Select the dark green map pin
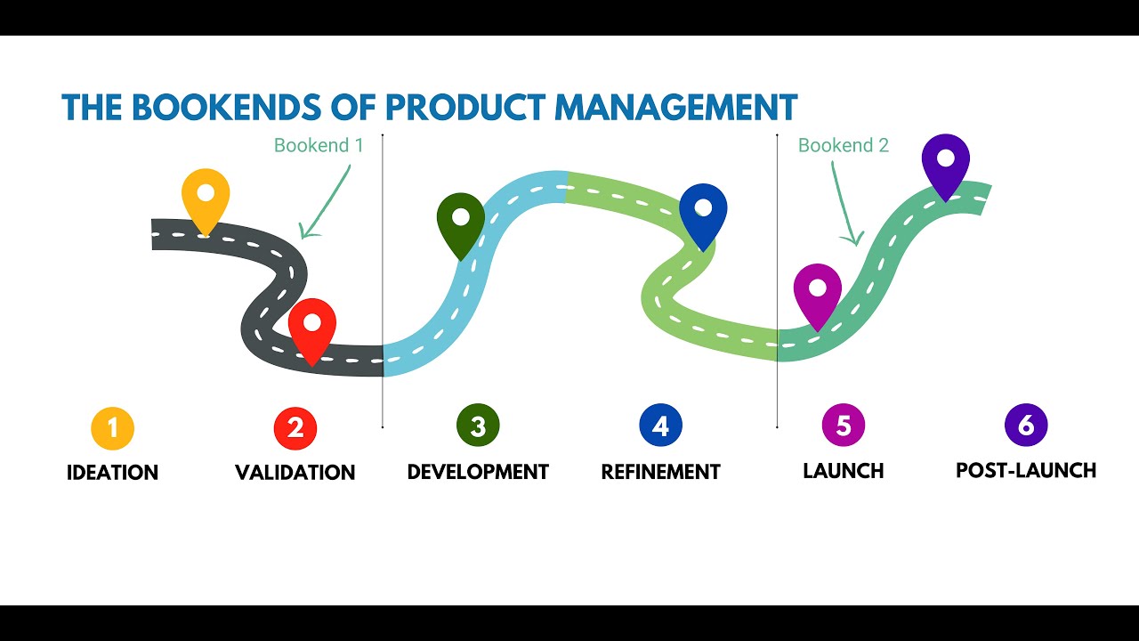[x=461, y=220]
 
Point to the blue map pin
[x=703, y=212]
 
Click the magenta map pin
[x=817, y=291]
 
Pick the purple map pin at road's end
[x=945, y=161]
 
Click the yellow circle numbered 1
[x=113, y=428]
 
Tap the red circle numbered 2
[x=295, y=428]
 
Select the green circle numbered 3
[x=478, y=427]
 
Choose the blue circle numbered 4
[x=660, y=426]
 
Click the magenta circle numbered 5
[x=844, y=426]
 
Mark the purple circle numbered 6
[x=1026, y=426]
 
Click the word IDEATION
[x=113, y=473]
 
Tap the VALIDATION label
[x=295, y=473]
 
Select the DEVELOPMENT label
[x=478, y=472]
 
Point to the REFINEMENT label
[x=660, y=471]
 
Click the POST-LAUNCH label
[x=1026, y=470]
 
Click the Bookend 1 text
[x=319, y=145]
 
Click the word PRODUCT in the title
[x=465, y=107]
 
